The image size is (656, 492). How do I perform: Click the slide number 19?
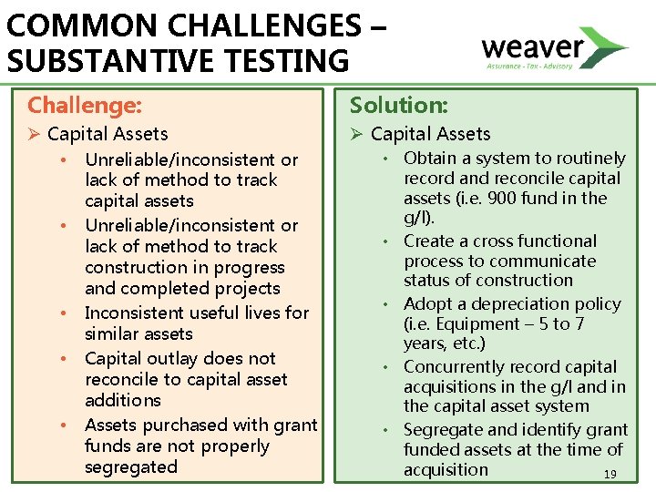[x=610, y=474]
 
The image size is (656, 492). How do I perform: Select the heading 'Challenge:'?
[x=85, y=106]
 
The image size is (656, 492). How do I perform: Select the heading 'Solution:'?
[x=397, y=106]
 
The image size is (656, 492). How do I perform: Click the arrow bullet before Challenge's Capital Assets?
[x=35, y=135]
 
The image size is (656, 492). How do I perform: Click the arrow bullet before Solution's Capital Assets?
[x=357, y=135]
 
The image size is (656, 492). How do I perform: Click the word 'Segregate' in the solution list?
[x=441, y=429]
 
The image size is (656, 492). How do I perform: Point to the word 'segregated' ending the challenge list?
[x=130, y=467]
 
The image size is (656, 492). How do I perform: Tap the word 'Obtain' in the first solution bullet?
[x=430, y=159]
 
